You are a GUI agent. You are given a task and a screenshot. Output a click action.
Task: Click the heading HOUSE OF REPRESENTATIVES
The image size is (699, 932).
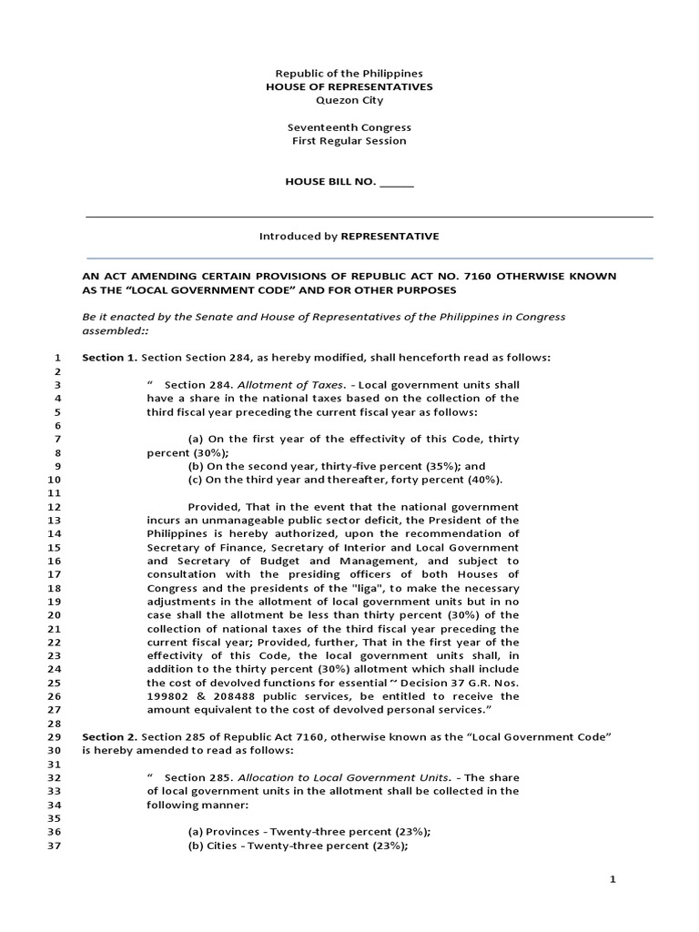coord(349,86)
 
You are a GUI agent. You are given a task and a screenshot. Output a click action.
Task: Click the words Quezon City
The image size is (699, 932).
coord(349,100)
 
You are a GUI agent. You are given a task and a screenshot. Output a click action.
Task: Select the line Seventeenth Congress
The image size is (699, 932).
coord(349,127)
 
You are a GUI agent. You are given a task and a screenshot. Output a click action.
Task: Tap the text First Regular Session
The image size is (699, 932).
coord(349,141)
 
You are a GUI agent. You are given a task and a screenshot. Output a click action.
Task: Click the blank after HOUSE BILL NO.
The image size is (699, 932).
coord(396,182)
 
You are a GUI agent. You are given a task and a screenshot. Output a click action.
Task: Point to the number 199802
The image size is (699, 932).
coord(168,696)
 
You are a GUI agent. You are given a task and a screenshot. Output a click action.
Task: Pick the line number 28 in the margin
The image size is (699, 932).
coord(53,723)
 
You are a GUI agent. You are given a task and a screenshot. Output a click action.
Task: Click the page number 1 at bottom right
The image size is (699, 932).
coord(613,880)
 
